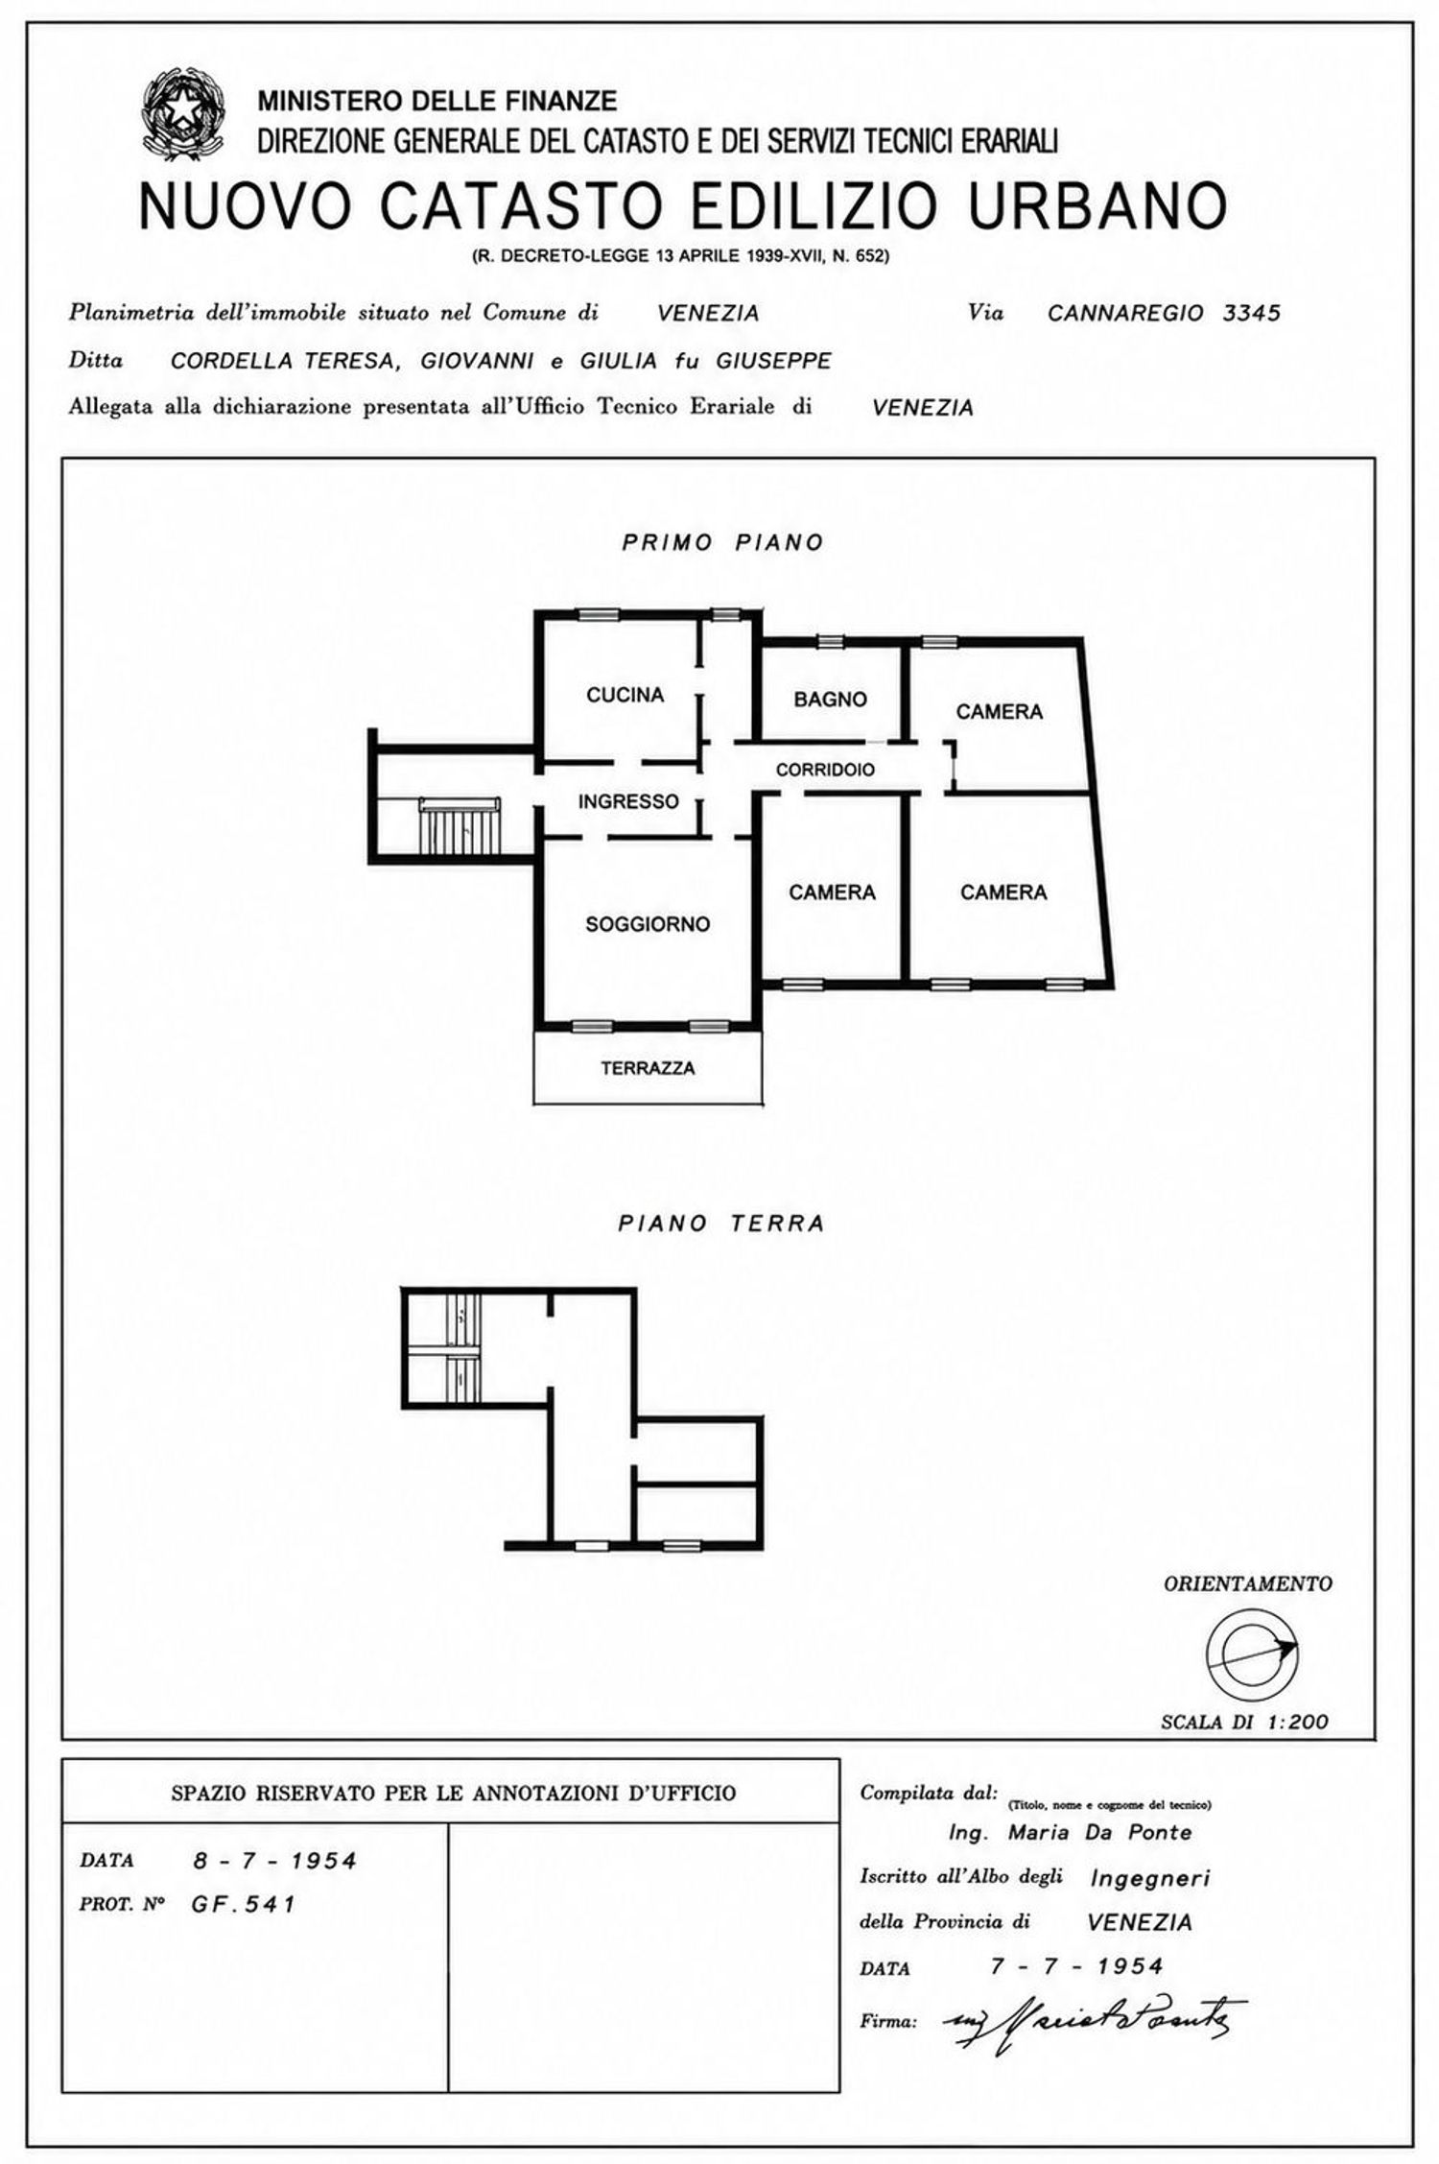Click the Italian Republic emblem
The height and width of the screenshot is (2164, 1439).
click(183, 115)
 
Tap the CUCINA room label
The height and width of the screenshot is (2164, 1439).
click(625, 695)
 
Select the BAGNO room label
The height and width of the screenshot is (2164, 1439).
click(830, 700)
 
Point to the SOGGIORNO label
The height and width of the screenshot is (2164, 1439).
click(648, 924)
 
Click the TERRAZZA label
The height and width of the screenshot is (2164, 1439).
click(648, 1068)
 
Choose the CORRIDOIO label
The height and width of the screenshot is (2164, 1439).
click(825, 770)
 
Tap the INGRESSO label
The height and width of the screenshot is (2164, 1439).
click(628, 801)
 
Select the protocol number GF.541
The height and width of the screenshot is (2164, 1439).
click(244, 1905)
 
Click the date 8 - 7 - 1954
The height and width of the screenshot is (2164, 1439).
click(274, 1861)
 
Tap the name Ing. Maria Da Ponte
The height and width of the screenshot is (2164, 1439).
click(1070, 1832)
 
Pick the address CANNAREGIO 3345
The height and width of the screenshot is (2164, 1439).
click(1164, 313)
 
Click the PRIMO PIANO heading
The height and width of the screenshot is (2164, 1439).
click(722, 542)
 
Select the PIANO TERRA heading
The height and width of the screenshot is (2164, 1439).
click(721, 1224)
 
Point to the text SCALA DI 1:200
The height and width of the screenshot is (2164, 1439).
click(1245, 1748)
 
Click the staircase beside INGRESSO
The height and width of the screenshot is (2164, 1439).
click(460, 825)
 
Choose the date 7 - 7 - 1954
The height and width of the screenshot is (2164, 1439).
click(1076, 1966)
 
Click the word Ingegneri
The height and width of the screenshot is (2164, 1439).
click(1150, 1878)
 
